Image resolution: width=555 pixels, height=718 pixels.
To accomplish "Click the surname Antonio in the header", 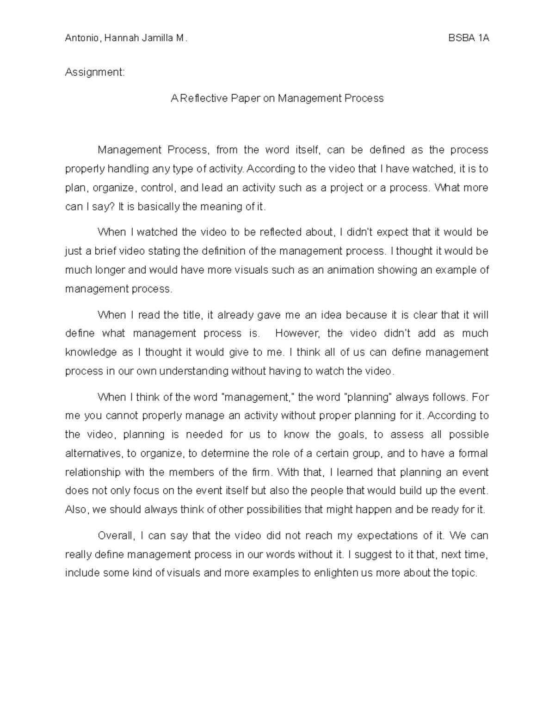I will point(82,38).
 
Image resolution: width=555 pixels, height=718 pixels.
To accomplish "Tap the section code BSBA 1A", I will point(469,38).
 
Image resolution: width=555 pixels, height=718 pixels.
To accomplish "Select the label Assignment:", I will point(95,72).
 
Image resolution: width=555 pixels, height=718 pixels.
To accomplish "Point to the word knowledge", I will point(91,352).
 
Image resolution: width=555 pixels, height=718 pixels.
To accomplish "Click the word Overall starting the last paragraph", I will point(116,536).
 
